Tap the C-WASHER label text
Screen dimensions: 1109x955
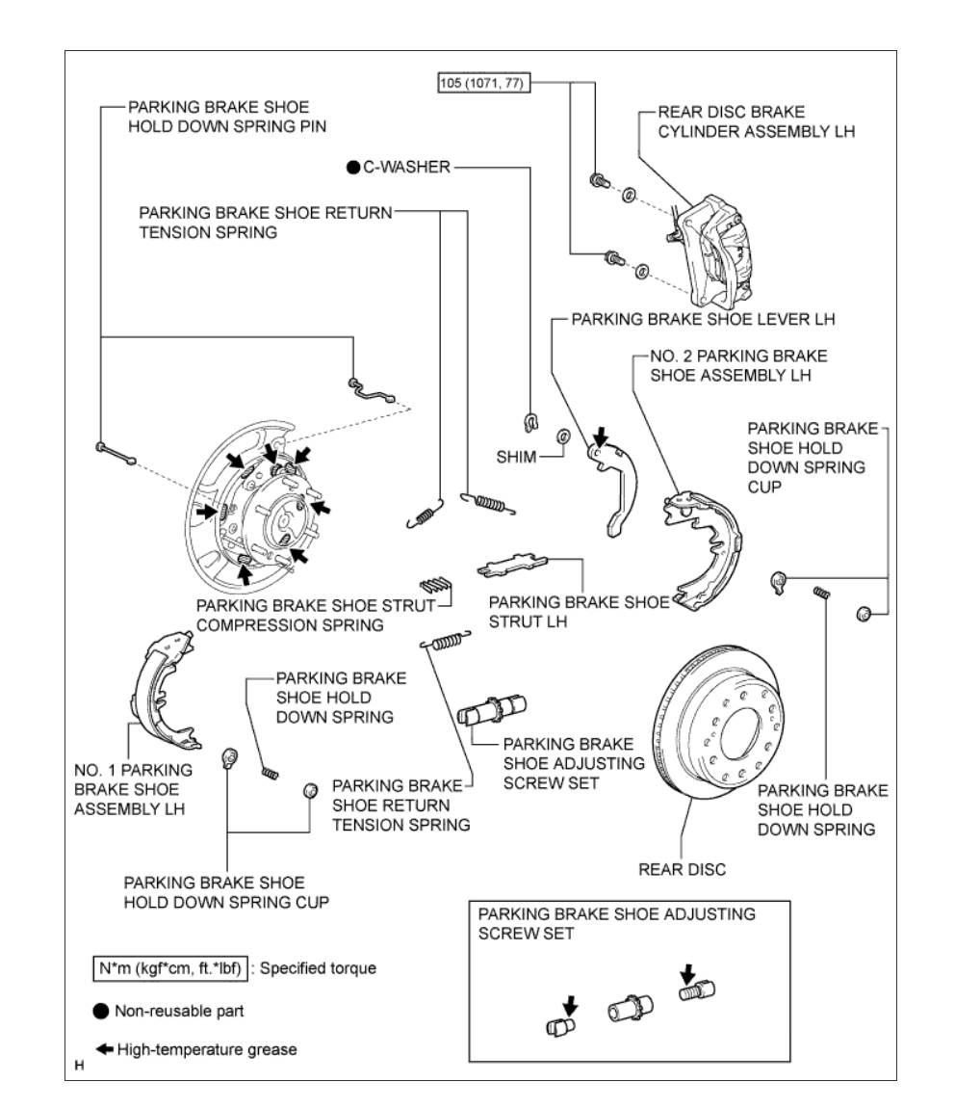click(x=405, y=167)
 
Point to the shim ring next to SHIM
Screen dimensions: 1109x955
click(x=563, y=440)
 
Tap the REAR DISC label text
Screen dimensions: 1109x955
click(x=682, y=869)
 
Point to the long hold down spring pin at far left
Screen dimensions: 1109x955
click(x=116, y=451)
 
